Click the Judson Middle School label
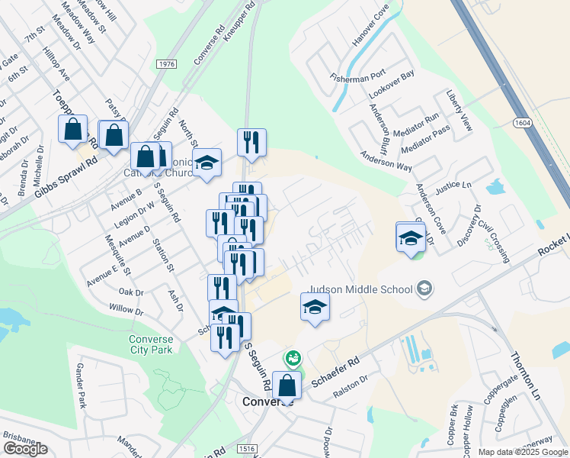(x=357, y=288)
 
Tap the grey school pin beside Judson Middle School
(x=425, y=289)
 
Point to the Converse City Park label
(x=150, y=344)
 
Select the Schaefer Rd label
(x=342, y=370)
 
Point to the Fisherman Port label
(x=357, y=77)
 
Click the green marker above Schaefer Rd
(x=292, y=357)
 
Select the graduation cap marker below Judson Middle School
(x=314, y=308)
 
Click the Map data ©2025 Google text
(x=522, y=452)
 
